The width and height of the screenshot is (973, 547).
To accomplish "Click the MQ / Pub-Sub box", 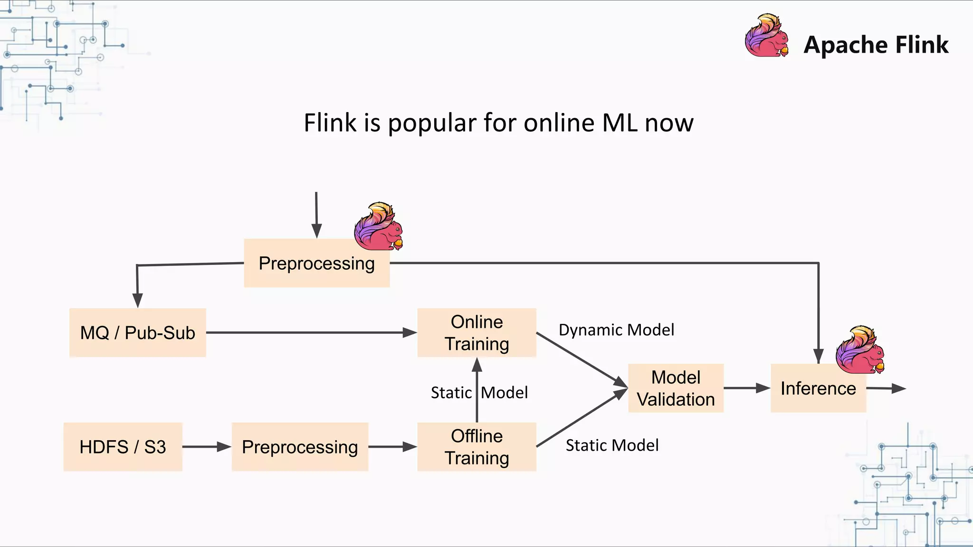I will click(x=137, y=332).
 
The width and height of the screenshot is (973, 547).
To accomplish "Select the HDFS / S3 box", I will click(x=123, y=447).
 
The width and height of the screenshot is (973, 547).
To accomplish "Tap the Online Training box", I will click(x=477, y=332).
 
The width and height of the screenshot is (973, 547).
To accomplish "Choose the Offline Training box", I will click(x=477, y=447).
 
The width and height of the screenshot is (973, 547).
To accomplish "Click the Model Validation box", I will click(x=676, y=388).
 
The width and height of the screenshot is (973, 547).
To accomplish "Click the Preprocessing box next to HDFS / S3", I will click(x=300, y=447).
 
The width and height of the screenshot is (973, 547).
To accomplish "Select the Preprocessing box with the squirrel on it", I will click(x=316, y=264).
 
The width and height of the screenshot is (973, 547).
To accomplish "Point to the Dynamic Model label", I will click(x=616, y=330).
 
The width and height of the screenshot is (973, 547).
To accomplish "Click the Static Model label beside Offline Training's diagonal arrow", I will click(x=612, y=445).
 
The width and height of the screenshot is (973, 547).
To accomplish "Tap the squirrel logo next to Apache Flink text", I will click(x=766, y=36).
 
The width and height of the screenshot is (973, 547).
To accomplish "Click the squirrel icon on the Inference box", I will click(x=860, y=350).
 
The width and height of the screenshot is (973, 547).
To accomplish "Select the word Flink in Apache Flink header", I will click(x=922, y=45).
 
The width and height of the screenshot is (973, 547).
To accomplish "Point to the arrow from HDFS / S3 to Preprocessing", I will click(x=207, y=447).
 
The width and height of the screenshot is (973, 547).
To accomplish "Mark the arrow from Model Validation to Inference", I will click(x=746, y=388).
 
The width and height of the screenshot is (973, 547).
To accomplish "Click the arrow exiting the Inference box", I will click(x=886, y=388).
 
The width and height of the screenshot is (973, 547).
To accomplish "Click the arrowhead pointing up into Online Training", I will click(x=477, y=365).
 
